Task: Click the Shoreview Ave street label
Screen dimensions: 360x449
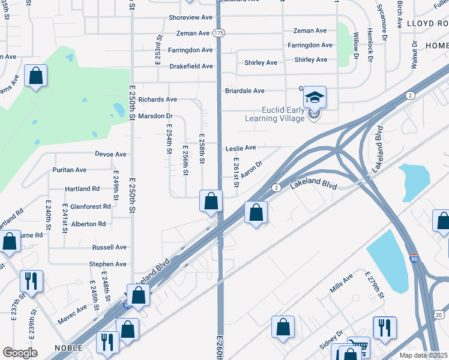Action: [191, 18]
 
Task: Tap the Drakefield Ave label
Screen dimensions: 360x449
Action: [191, 67]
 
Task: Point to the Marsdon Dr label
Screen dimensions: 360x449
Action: [155, 116]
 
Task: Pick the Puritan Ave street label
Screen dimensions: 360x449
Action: [70, 170]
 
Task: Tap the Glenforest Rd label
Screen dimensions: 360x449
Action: [90, 206]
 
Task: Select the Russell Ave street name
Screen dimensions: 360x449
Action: [109, 247]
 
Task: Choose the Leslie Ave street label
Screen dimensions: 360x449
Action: [241, 148]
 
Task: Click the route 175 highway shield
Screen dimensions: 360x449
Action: [219, 34]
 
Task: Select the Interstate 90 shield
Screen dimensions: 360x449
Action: [414, 259]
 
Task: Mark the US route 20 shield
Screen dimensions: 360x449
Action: [439, 314]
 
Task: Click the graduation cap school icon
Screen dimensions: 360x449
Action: [314, 96]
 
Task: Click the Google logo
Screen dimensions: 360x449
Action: [20, 352]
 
